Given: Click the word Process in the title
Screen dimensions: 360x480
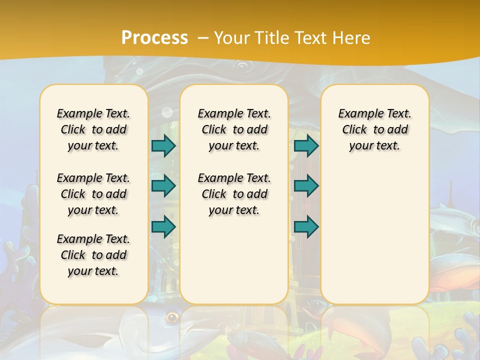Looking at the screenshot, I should (x=154, y=37).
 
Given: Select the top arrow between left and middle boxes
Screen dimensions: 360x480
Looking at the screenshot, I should (x=163, y=145).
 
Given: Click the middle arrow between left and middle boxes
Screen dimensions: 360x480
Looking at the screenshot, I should (x=163, y=186).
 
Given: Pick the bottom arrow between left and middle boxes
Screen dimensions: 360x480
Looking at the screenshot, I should (x=163, y=226).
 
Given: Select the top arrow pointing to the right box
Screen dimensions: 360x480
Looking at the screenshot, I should (x=306, y=145).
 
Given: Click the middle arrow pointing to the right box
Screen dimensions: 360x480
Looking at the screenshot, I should (x=306, y=186).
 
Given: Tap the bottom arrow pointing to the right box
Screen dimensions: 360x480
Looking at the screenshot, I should (x=306, y=226).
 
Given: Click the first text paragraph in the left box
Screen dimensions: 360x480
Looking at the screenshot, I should (x=93, y=129).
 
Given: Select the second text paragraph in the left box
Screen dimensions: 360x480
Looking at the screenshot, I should (x=93, y=194).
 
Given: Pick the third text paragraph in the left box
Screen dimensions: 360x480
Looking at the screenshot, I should (x=93, y=255).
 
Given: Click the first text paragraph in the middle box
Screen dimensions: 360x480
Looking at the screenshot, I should (x=234, y=129).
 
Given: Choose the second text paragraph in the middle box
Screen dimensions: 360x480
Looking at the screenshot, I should (x=234, y=194).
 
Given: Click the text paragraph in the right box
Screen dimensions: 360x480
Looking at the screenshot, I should (x=375, y=129).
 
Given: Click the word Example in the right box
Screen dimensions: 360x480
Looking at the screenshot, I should (x=357, y=114).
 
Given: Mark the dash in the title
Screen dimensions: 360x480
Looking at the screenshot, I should (x=203, y=38).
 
